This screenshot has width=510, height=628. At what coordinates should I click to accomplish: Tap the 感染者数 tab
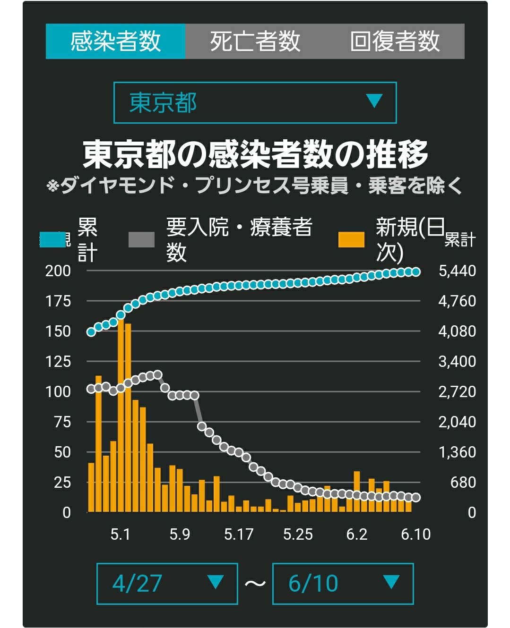[115, 41]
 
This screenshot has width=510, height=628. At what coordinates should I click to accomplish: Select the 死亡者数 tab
[255, 41]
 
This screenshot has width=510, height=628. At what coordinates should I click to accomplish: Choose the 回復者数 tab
[395, 41]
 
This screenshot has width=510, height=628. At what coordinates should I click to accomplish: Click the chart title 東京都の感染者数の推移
[255, 154]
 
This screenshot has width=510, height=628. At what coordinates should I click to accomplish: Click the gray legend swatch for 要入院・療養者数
[141, 239]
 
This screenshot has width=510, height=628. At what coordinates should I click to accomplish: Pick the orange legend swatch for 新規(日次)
[351, 239]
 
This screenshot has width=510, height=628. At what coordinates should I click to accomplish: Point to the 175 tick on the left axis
[58, 301]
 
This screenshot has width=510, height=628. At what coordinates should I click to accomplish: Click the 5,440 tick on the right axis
[457, 271]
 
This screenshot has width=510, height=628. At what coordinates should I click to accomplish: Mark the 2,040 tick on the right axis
[457, 422]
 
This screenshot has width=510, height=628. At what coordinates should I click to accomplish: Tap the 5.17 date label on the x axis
[239, 534]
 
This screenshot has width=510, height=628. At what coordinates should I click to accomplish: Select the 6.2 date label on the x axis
[357, 534]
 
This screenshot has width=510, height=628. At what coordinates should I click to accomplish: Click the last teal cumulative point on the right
[416, 272]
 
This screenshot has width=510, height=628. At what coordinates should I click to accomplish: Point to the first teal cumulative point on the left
[91, 332]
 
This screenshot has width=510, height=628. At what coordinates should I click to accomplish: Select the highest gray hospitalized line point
[158, 375]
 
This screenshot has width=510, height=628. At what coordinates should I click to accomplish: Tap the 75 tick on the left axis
[62, 422]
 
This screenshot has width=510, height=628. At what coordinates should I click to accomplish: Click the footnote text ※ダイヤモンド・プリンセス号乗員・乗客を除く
[254, 186]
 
